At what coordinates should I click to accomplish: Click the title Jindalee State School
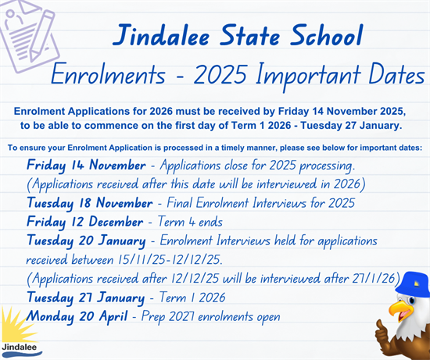point(238,35)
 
